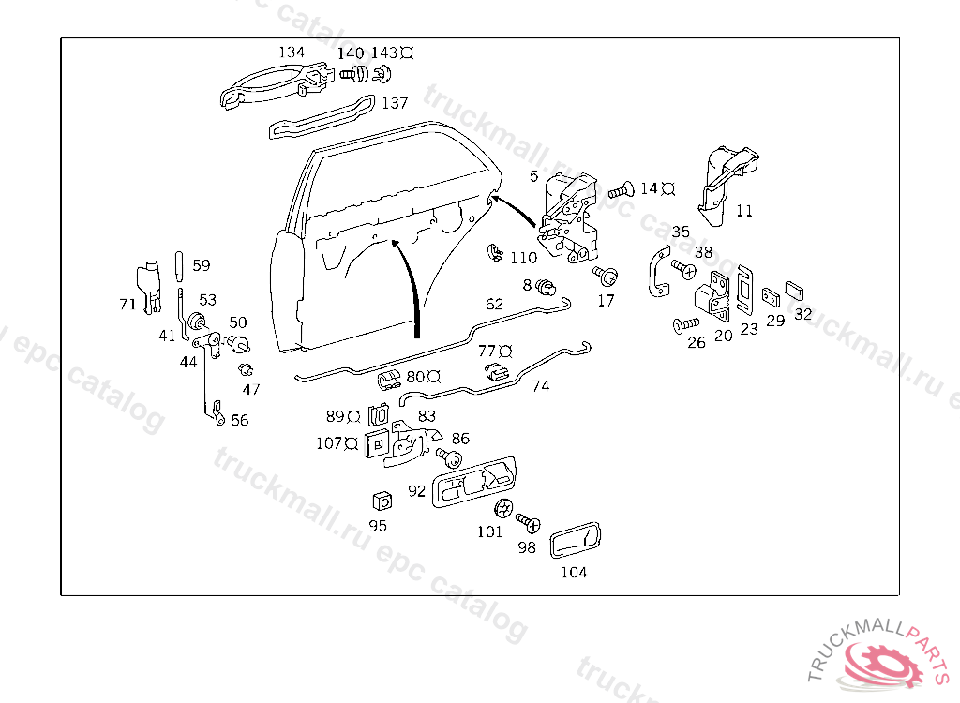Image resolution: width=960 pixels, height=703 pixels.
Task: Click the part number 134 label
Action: click(292, 52)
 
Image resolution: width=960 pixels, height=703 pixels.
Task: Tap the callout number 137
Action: click(395, 103)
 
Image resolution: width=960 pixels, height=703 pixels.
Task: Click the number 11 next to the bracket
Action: click(743, 211)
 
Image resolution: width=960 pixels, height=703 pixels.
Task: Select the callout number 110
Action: click(523, 258)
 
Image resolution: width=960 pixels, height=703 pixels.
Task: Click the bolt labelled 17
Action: click(607, 276)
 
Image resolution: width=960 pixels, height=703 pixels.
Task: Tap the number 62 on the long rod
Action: click(494, 305)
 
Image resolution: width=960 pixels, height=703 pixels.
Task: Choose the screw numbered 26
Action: click(686, 325)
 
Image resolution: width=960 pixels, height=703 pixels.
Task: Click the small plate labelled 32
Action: click(795, 287)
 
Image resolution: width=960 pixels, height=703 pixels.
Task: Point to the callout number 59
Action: click(202, 265)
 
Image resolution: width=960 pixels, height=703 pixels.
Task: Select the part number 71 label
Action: click(127, 304)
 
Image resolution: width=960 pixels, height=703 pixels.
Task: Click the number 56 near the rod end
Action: click(240, 420)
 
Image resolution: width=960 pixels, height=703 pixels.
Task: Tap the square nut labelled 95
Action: click(381, 500)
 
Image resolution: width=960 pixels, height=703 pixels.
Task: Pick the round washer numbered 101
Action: click(502, 510)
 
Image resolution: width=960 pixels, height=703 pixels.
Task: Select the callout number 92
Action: click(417, 489)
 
